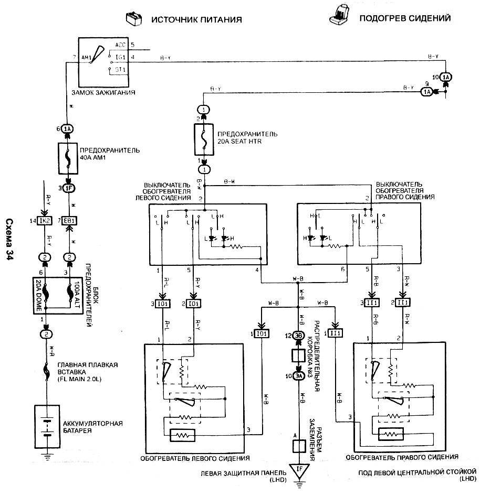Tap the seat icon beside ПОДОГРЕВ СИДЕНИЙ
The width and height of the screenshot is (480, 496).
pos(337,17)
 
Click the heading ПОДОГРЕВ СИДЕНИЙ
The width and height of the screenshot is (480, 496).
pos(404,18)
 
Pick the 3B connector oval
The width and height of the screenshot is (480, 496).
pos(299,336)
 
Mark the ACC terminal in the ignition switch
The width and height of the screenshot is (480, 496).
pos(120,45)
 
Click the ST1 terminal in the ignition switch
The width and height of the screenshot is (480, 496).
pos(120,69)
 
